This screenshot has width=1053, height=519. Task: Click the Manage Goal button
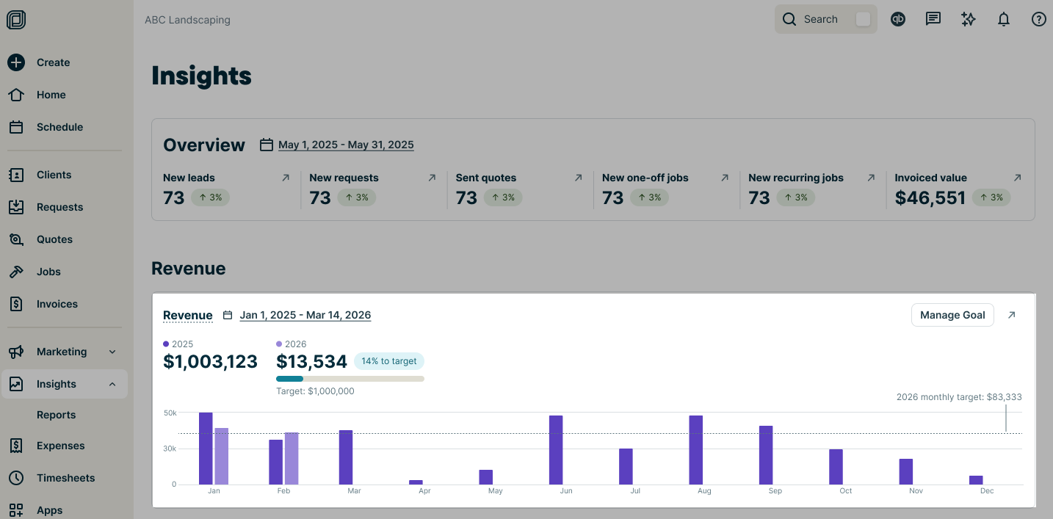click(x=952, y=315)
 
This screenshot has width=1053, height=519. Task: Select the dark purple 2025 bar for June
click(x=556, y=449)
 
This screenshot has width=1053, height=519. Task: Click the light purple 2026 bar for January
click(x=222, y=456)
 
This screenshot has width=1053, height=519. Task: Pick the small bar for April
click(x=416, y=482)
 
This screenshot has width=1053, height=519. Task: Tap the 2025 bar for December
click(x=976, y=479)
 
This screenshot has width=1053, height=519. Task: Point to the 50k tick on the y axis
click(x=170, y=413)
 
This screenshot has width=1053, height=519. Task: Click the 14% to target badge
click(x=388, y=361)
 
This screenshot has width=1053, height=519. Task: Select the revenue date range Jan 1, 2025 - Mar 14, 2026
click(x=305, y=315)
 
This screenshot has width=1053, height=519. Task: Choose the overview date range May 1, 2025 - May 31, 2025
click(x=346, y=145)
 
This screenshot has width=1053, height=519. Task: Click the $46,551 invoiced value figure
click(x=930, y=197)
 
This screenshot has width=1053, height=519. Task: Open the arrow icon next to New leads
click(x=286, y=178)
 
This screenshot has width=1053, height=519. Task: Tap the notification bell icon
click(x=1004, y=20)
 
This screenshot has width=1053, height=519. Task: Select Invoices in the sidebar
click(x=57, y=304)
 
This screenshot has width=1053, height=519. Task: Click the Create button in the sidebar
click(x=53, y=62)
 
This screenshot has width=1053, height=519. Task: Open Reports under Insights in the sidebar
click(x=56, y=415)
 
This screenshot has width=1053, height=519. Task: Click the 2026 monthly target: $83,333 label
click(x=958, y=397)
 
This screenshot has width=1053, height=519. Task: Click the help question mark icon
click(x=1038, y=20)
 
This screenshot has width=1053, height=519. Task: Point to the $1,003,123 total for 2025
click(x=210, y=361)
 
